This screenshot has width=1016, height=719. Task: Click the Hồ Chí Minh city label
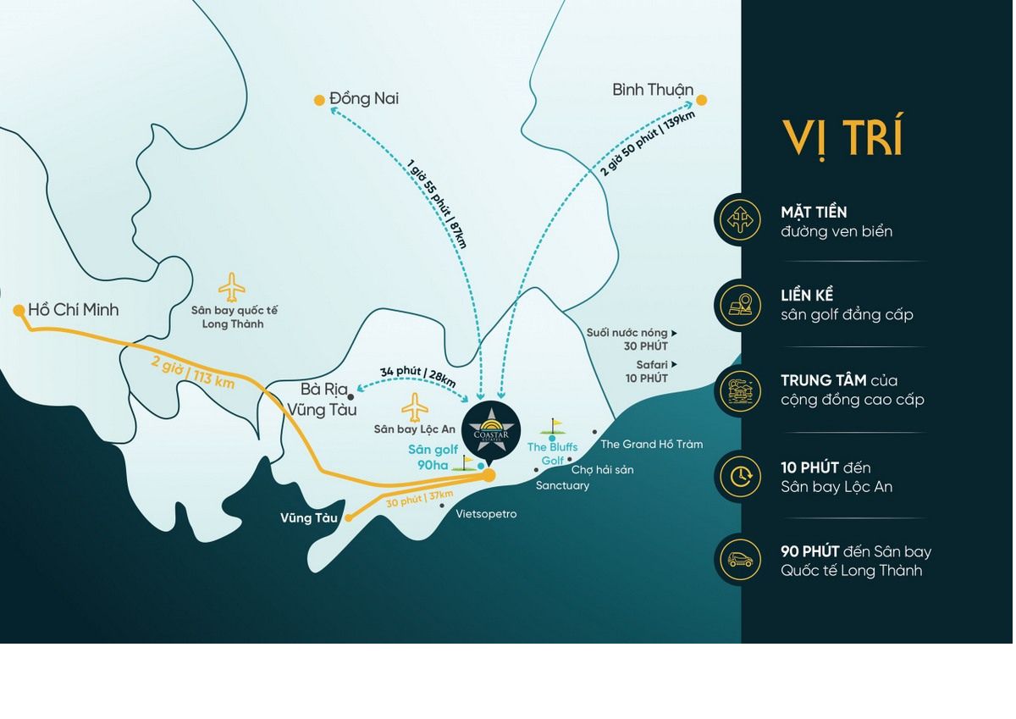[73, 310]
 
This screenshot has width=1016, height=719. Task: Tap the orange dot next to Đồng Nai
[319, 100]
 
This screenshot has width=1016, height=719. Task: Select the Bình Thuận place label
[653, 90]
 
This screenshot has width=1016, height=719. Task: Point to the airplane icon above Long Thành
[232, 288]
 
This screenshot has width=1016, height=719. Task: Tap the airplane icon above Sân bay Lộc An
[415, 407]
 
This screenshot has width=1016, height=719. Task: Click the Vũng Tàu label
[309, 517]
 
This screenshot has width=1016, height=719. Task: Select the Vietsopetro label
[486, 514]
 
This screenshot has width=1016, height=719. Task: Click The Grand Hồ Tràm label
[651, 444]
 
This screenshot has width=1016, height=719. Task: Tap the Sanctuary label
[562, 485]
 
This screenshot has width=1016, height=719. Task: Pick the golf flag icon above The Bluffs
[555, 426]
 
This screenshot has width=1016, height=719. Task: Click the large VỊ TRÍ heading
[842, 137]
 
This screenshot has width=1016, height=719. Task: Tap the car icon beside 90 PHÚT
[740, 560]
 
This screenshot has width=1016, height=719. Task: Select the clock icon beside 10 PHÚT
[740, 476]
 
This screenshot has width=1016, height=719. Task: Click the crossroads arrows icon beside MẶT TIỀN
[740, 220]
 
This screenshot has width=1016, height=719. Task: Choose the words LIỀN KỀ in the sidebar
[807, 296]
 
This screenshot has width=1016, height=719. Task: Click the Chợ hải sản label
[602, 469]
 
